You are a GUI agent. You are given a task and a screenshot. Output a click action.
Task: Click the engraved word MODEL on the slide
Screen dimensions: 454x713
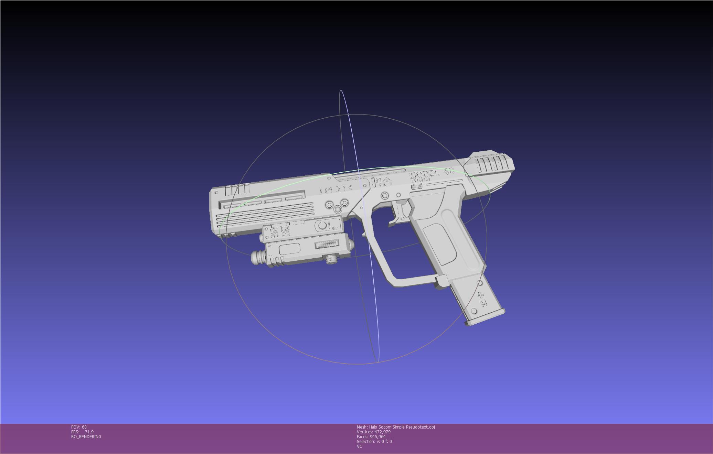424,175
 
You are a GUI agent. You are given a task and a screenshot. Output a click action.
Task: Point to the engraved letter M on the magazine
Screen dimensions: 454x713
483,303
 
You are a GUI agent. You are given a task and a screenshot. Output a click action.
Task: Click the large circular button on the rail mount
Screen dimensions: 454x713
322,226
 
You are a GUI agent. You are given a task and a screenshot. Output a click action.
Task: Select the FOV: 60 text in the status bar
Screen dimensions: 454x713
79,427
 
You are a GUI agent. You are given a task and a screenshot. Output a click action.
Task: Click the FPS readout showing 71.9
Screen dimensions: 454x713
82,432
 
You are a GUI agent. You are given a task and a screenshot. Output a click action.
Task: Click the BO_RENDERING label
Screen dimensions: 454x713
86,437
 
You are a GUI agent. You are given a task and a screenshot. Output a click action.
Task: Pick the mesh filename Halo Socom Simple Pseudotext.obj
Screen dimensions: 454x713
396,427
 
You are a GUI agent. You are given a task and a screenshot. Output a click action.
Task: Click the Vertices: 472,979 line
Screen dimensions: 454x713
373,432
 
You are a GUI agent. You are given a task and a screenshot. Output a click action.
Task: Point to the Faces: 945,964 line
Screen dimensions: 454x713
371,437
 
